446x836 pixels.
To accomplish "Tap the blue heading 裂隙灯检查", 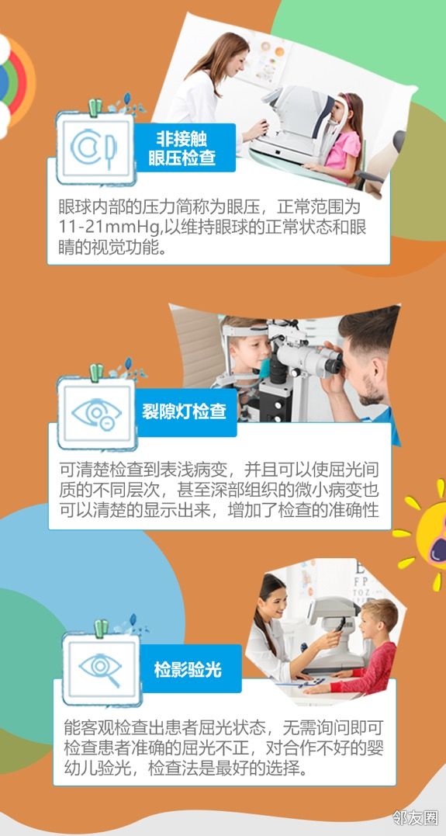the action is coord(184,411).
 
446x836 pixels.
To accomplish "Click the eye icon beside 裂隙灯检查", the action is coord(96,412).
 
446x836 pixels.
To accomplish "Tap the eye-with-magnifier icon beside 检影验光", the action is coord(100,669).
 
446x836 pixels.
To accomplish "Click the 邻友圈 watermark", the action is coord(416,817).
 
